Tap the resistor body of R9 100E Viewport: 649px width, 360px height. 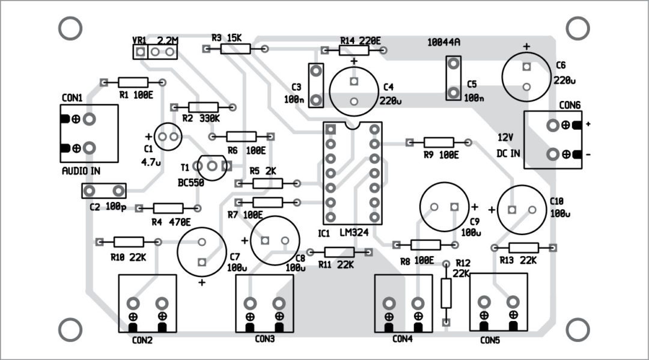click(x=439, y=142)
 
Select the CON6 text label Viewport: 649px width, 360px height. click(x=570, y=105)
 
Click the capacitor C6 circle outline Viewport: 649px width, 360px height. click(x=527, y=77)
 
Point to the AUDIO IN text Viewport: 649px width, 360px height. click(x=81, y=171)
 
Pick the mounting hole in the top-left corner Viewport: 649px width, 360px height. click(x=70, y=28)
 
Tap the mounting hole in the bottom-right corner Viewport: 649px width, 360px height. click(x=578, y=329)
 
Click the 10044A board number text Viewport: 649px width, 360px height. click(x=443, y=43)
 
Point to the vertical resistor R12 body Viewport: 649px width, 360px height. click(x=446, y=293)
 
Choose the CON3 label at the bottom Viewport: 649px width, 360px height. click(x=264, y=339)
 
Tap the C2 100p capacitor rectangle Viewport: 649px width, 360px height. click(x=104, y=191)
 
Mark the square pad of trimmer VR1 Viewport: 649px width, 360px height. click(x=140, y=53)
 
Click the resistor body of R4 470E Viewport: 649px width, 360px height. click(x=168, y=208)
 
